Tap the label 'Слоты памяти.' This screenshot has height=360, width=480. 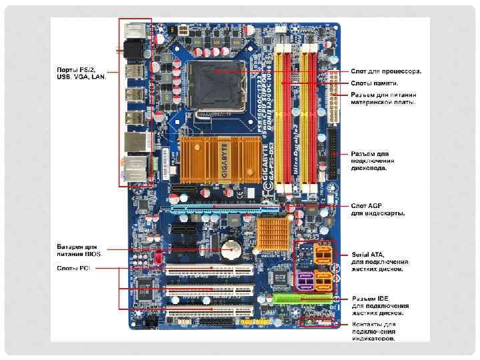pos(375,83)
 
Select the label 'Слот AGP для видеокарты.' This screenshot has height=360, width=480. pos(378,209)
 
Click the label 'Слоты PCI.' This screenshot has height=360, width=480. pos(73,268)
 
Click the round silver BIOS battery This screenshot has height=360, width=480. pos(232,249)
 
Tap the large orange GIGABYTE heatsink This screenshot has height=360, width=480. pos(207,158)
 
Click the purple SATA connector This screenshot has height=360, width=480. pos(305,280)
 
